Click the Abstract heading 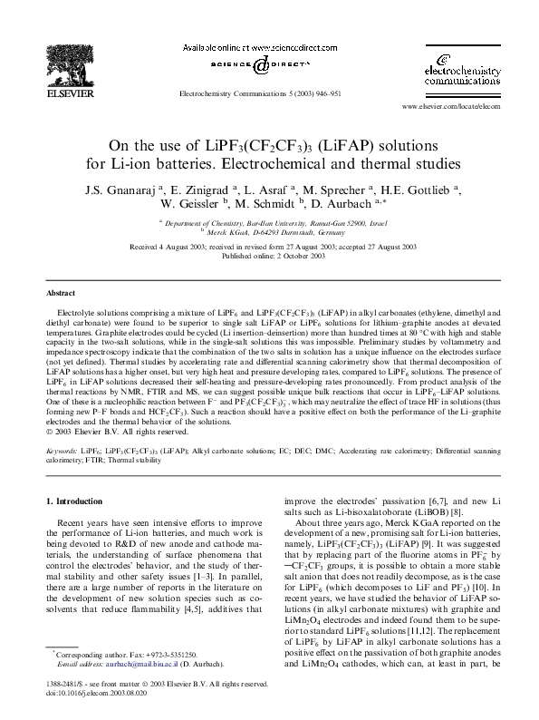pyautogui.click(x=63, y=294)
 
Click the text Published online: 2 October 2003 pyautogui.click(x=269, y=256)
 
